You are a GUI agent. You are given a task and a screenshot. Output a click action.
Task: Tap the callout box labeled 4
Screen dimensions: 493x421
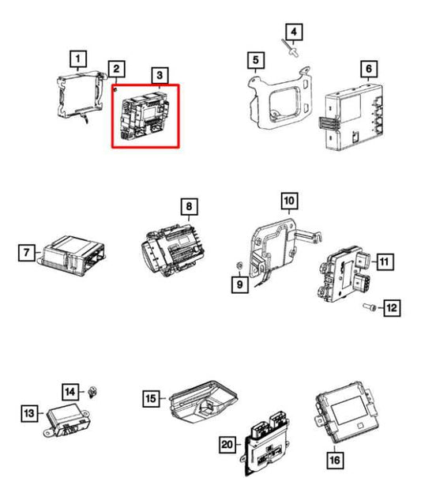pos(293,32)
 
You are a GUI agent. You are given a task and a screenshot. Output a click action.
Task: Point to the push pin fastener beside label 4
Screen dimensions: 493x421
pos(291,51)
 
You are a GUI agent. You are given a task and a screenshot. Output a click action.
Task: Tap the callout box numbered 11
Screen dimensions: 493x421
pos(383,261)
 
